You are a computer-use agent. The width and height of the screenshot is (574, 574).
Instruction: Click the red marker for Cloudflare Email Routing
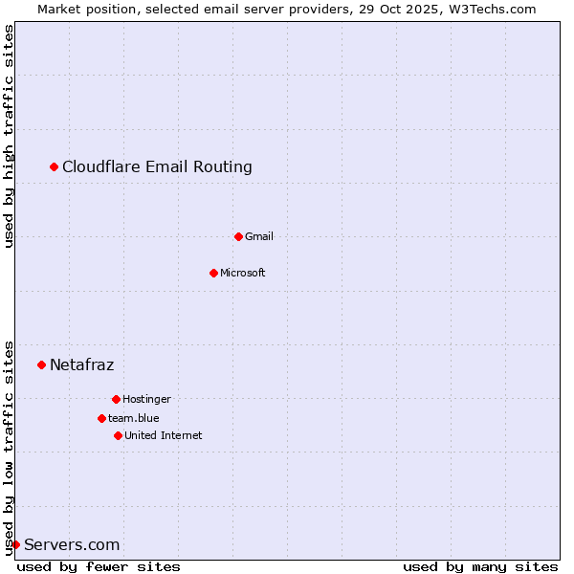point(55,167)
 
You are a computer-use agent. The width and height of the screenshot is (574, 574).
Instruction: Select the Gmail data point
point(238,236)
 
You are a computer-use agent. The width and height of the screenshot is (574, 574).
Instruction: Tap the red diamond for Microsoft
point(213,273)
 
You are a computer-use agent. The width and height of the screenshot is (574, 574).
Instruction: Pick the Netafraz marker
point(41,364)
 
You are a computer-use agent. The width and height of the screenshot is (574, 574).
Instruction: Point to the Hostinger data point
point(116,399)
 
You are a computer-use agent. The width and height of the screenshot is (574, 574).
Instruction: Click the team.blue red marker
point(101,418)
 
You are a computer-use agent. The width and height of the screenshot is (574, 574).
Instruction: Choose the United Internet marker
point(118,435)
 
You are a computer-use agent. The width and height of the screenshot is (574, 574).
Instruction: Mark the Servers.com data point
point(15,544)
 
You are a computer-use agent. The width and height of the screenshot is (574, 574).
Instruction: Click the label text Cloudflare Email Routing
point(157,167)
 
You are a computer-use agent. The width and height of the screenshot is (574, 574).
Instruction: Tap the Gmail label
point(259,236)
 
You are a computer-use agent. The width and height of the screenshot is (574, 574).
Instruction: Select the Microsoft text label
point(243,273)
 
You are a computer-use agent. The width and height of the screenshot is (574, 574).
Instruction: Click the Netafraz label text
point(81,364)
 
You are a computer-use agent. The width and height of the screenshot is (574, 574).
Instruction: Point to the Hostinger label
point(146,399)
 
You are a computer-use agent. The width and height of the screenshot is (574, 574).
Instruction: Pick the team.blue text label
point(134,418)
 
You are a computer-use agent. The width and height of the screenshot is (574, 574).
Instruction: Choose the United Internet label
point(164,435)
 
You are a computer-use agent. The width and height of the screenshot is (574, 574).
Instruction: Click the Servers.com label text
point(72,545)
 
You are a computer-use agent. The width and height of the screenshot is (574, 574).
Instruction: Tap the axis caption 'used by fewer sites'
point(99,566)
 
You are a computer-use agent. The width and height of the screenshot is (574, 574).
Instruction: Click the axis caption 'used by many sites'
point(480,566)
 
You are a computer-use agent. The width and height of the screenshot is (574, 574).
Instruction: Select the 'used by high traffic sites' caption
point(10,137)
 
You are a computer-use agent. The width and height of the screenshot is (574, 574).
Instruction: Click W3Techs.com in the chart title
point(492,9)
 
